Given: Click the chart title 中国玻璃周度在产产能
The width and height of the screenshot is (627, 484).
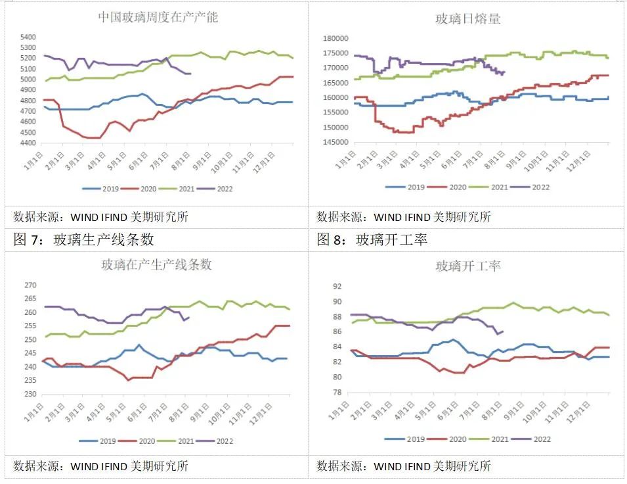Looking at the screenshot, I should [158, 17].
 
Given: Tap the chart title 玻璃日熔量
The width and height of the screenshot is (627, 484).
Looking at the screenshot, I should [468, 18].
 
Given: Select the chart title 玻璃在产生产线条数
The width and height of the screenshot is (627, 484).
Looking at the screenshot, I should [156, 265].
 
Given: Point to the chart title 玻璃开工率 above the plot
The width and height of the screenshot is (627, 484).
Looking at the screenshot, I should [468, 266].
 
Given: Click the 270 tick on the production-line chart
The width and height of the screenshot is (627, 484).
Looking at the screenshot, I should [30, 285].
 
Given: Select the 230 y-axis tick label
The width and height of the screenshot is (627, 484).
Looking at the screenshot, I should [30, 394].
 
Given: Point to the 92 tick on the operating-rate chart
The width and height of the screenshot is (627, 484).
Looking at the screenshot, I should [337, 287].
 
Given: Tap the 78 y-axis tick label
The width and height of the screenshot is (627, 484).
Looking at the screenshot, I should [337, 393].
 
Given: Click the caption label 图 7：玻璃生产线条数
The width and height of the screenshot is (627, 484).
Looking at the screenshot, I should [83, 239].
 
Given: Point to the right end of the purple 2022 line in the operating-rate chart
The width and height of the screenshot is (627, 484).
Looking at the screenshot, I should [503, 331].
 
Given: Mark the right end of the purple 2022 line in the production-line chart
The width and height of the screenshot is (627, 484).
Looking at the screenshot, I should [189, 318].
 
